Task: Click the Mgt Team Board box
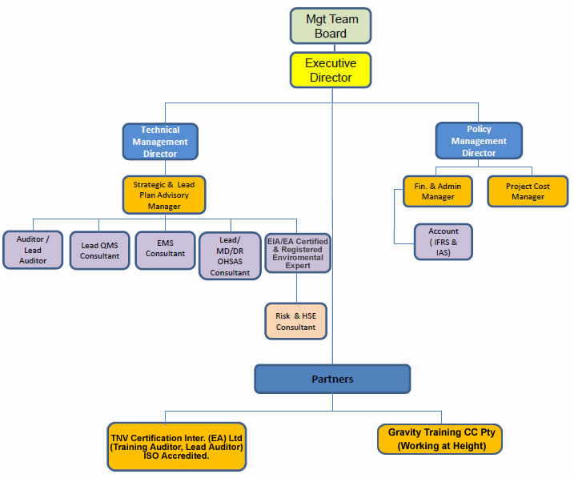331,26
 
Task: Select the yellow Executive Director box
331,70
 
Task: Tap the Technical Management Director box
160,142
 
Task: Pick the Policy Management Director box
479,141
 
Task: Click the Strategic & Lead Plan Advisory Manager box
164,195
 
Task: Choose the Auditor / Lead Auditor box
33,250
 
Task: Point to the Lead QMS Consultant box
99,251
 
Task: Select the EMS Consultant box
165,248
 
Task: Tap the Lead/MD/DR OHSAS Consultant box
230,255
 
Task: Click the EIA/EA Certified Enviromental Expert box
297,253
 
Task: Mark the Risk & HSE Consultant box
296,321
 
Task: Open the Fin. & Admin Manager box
438,191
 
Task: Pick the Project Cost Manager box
528,191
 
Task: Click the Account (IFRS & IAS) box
443,242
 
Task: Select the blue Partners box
332,379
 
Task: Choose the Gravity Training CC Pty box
440,439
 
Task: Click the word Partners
332,379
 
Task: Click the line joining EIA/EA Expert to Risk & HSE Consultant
297,287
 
